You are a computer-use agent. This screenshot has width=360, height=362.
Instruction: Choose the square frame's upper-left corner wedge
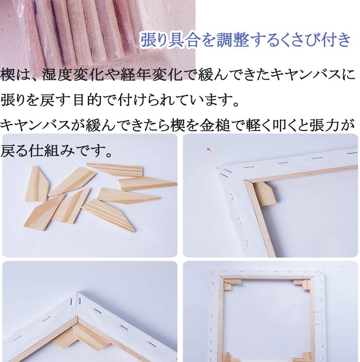tap(227, 285)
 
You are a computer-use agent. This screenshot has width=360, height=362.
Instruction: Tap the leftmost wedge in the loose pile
tap(37, 184)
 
